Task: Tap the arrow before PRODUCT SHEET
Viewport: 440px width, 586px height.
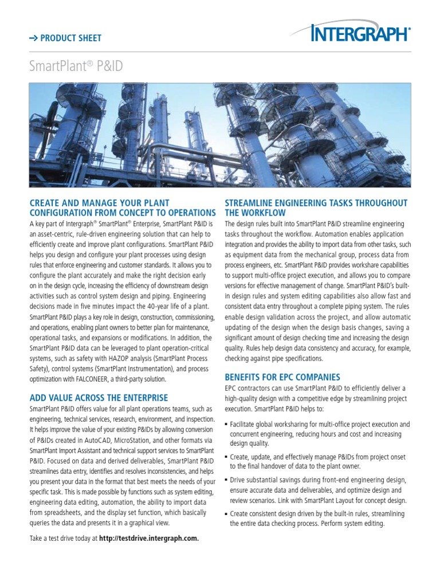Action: coord(34,38)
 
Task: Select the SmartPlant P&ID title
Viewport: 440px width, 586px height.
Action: coord(76,66)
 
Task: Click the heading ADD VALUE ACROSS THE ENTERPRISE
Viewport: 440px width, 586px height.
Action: coord(99,398)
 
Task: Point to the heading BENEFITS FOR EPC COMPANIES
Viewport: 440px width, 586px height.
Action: coord(282,377)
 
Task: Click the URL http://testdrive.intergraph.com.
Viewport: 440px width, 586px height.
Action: coord(149,539)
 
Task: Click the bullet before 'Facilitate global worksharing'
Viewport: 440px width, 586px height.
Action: coord(226,425)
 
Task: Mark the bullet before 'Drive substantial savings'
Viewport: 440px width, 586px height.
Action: coord(226,481)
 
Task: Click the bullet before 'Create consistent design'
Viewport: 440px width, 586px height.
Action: coord(226,514)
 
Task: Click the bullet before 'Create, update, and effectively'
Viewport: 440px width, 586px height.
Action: coord(226,457)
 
